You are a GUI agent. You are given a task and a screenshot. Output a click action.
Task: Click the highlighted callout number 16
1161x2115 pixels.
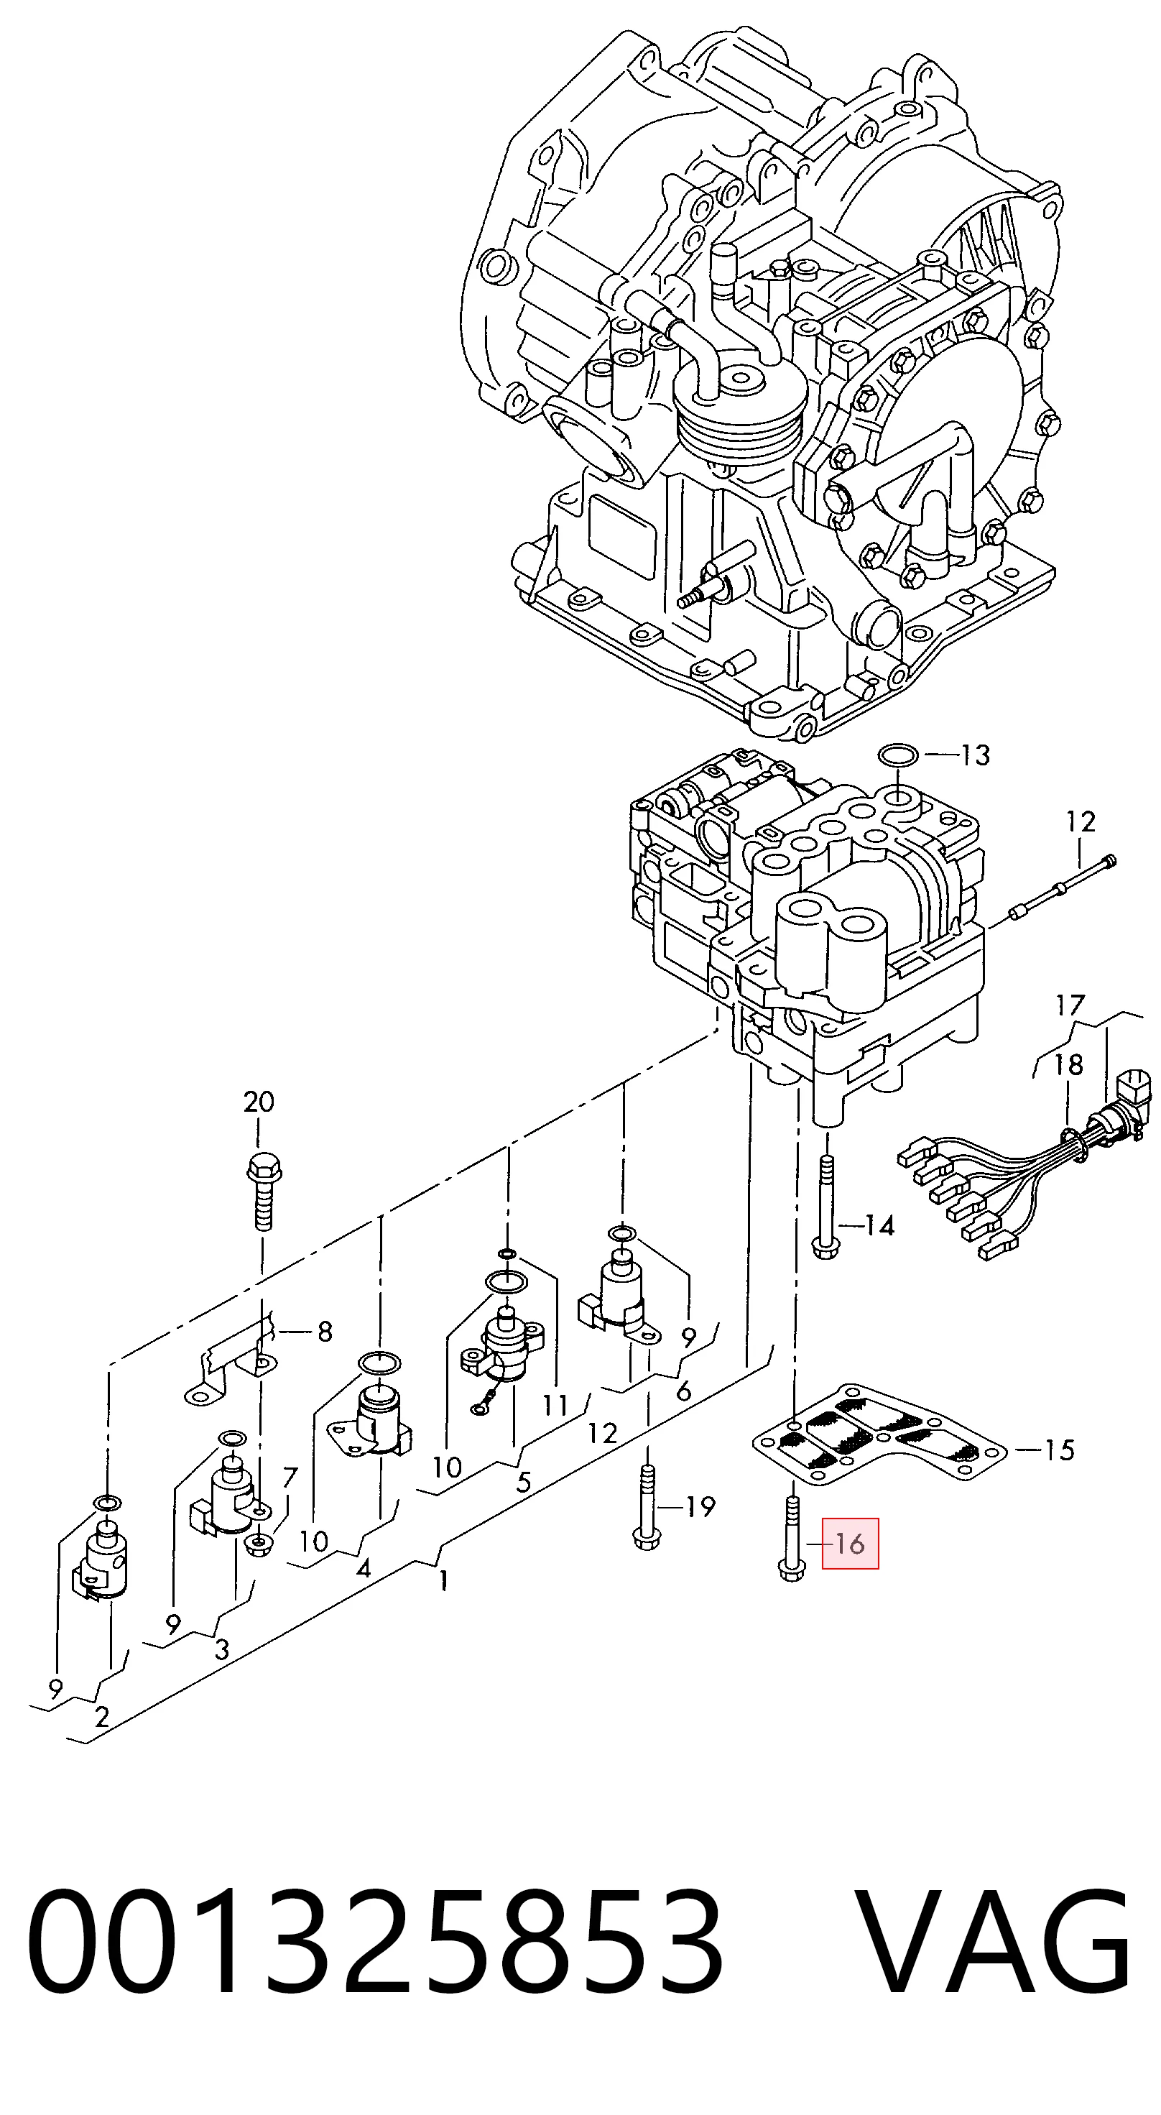(850, 1544)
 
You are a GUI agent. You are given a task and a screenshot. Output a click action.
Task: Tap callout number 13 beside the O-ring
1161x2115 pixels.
(976, 755)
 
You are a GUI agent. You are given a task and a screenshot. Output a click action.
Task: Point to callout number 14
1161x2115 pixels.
(879, 1226)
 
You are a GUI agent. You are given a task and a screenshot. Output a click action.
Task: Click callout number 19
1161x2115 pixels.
(700, 1506)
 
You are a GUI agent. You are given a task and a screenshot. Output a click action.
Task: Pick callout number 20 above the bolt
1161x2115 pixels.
(259, 1101)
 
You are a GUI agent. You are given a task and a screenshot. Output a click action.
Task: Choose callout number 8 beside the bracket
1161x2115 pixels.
(325, 1331)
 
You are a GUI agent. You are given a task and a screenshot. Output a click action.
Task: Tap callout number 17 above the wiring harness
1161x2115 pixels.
(1070, 1005)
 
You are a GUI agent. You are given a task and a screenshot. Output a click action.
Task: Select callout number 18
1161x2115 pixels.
(1068, 1065)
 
